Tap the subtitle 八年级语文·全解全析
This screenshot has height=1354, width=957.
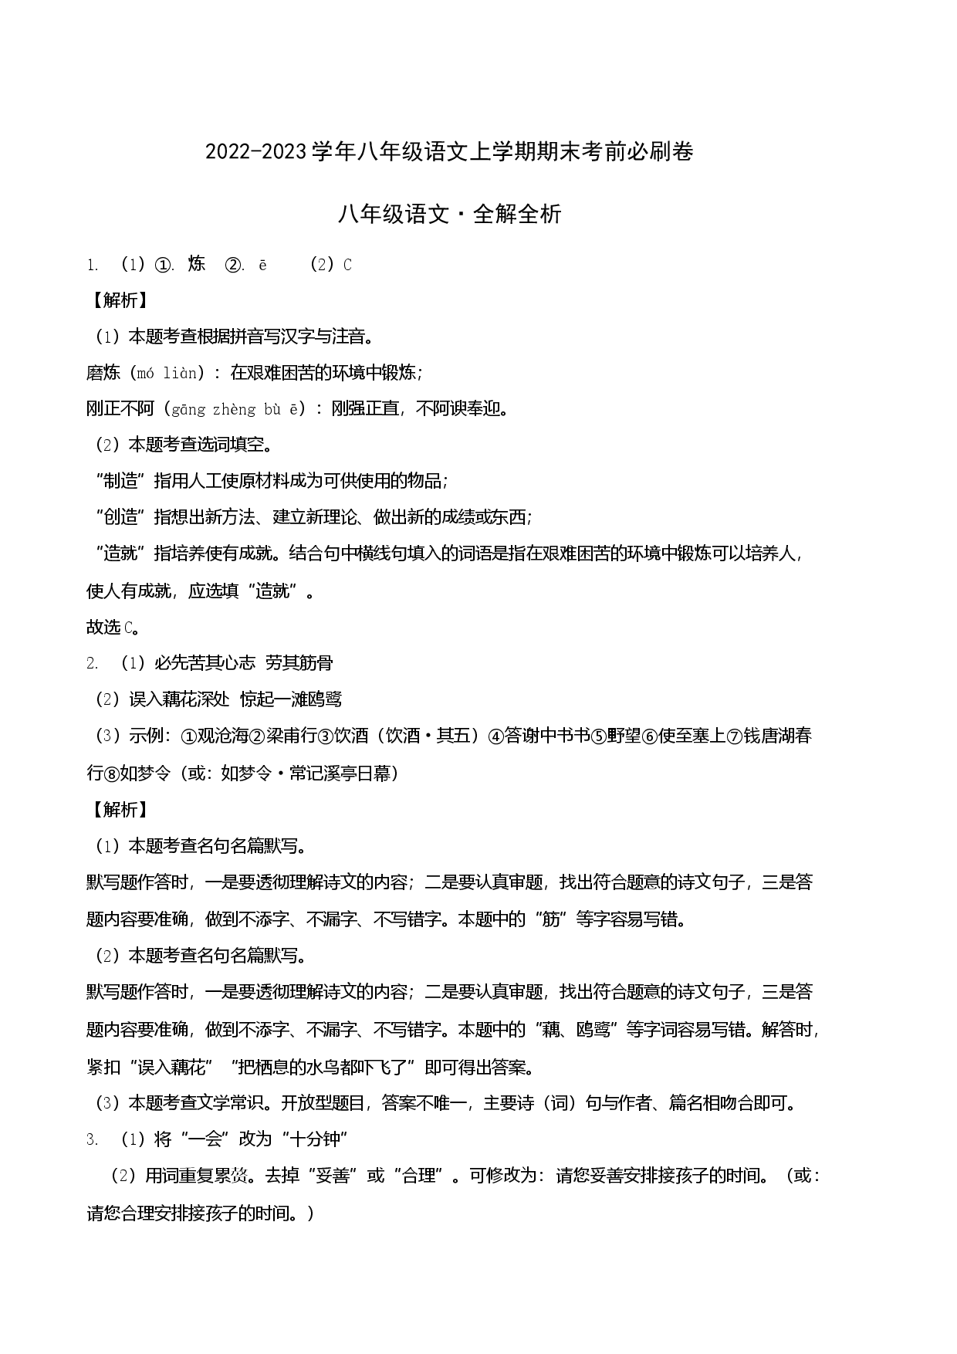[x=450, y=214]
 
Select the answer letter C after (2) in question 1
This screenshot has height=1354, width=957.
[x=347, y=265]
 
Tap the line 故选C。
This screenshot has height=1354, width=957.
[x=114, y=628]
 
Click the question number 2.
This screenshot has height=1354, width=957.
[x=92, y=663]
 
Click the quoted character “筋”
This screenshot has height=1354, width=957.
[x=551, y=919]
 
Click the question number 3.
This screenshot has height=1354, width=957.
[x=92, y=1139]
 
